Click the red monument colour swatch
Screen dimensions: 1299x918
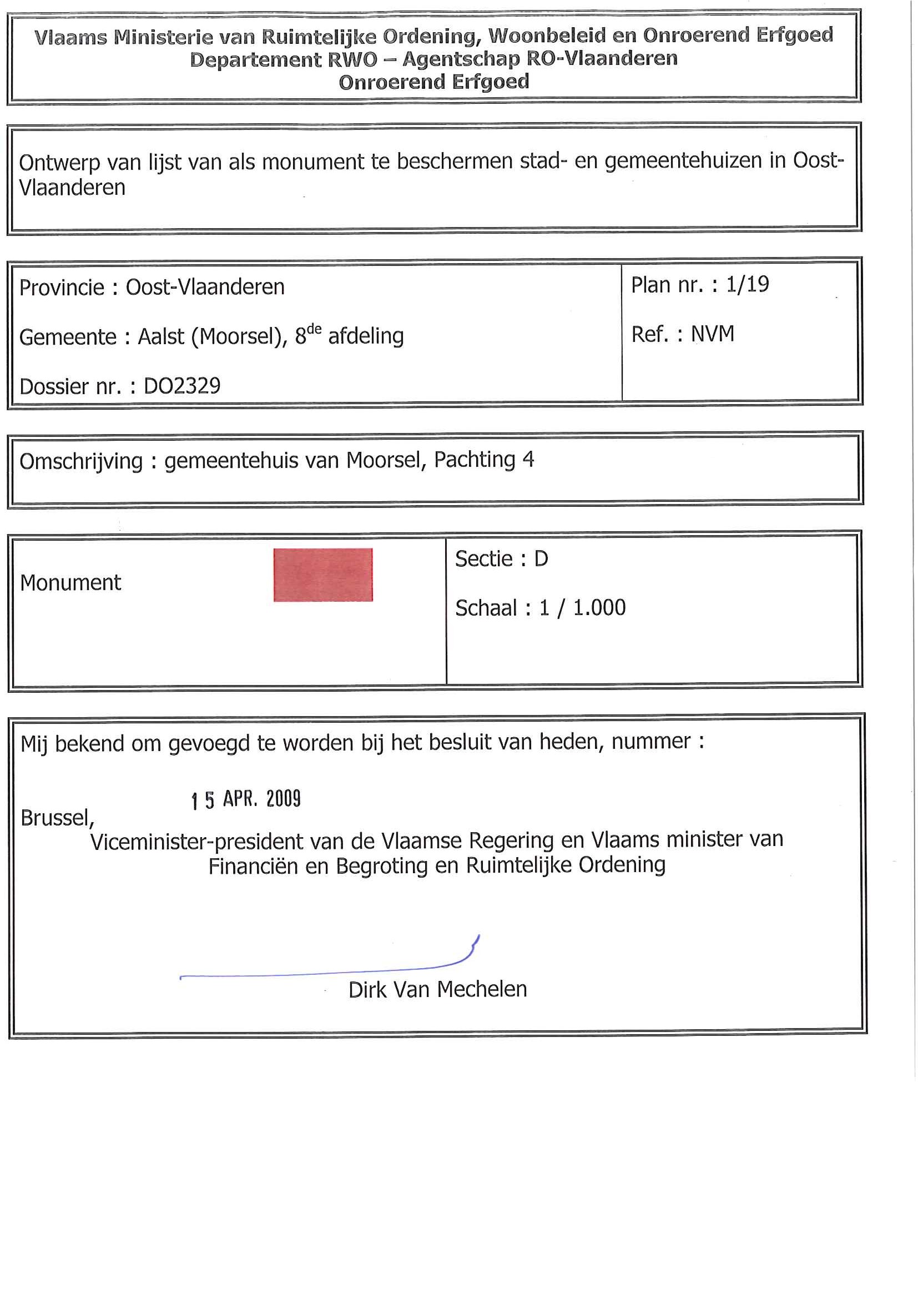pos(323,575)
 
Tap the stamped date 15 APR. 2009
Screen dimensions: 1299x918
pos(246,799)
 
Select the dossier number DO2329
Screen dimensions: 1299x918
pos(182,386)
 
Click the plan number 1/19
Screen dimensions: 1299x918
pos(747,285)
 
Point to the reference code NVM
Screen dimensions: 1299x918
pos(713,334)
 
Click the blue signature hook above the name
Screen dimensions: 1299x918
pos(474,946)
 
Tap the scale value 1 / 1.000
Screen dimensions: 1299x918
pos(582,608)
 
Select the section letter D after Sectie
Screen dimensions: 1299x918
pos(541,559)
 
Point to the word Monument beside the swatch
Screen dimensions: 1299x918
pos(70,583)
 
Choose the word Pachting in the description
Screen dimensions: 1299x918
pos(475,460)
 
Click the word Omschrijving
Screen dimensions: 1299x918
pos(81,462)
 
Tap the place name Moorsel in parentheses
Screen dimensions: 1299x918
pos(239,336)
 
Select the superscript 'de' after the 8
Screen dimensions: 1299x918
pos(314,329)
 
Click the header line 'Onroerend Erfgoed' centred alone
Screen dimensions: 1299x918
pos(434,83)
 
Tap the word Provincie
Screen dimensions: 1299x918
pos(62,288)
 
